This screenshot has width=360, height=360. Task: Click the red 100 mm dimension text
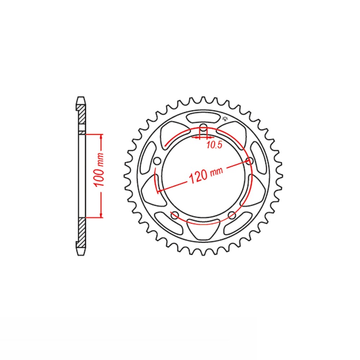99,169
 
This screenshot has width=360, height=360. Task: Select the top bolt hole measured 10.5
203,128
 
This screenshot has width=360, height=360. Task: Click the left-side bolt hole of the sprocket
157,161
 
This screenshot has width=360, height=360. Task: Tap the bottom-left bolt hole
175,215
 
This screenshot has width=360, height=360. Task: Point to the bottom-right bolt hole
232,215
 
